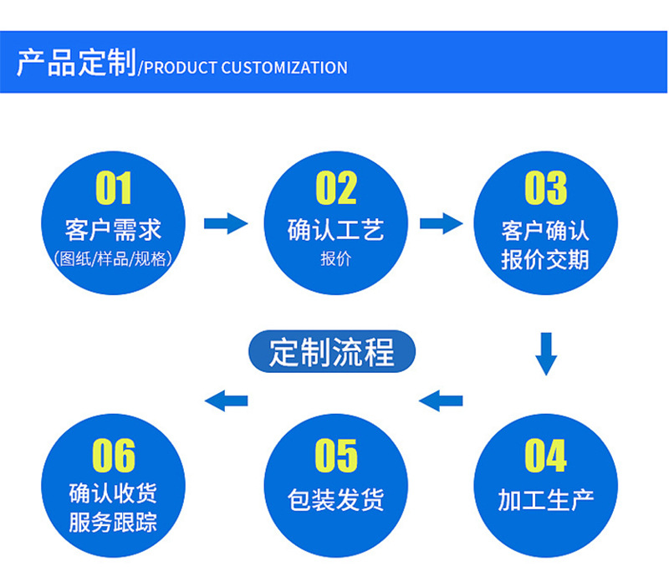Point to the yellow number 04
[x=545, y=457]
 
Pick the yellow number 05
[x=335, y=457]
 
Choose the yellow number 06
[x=114, y=457]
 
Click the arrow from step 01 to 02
[x=226, y=223]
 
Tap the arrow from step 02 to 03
[x=441, y=223]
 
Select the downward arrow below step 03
[x=546, y=353]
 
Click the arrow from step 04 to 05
[x=441, y=401]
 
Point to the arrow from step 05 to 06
[x=227, y=401]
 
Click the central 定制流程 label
[x=332, y=352]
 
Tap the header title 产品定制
[x=76, y=64]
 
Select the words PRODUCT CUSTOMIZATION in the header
[x=246, y=68]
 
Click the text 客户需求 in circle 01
[x=113, y=229]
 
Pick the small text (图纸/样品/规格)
[x=113, y=258]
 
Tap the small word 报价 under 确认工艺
[x=335, y=258]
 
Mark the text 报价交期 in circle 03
[x=545, y=259]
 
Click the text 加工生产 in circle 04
[x=545, y=500]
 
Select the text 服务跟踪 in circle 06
[x=113, y=523]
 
